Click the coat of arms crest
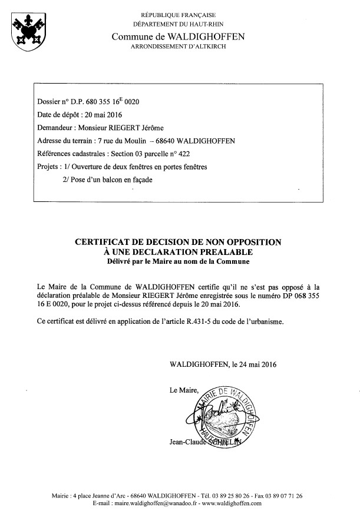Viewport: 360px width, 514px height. (x=26, y=32)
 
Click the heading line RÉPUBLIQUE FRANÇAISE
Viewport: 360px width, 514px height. (x=177, y=14)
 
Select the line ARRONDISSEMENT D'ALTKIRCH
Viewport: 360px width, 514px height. (x=178, y=45)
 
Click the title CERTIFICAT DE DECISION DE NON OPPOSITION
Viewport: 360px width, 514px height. (x=178, y=241)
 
